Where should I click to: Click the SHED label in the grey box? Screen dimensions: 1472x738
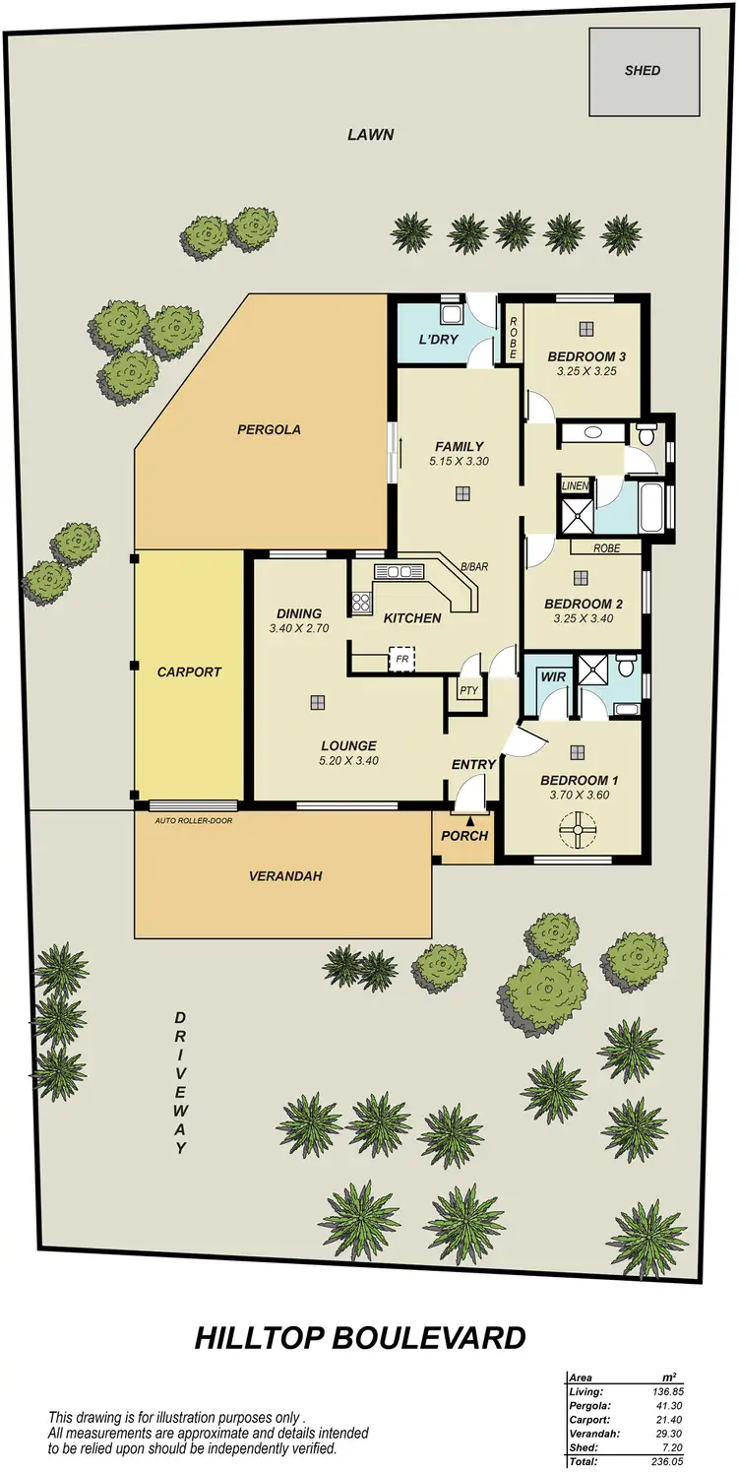click(642, 70)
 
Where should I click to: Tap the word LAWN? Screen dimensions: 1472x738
click(370, 134)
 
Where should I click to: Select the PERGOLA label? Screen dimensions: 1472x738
click(269, 429)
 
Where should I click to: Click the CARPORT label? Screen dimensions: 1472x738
click(189, 672)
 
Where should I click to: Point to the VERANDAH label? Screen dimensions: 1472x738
click(285, 875)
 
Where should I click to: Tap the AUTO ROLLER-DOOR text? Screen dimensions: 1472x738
click(194, 819)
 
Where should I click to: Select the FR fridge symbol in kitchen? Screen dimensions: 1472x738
click(401, 659)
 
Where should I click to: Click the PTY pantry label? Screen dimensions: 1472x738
click(468, 690)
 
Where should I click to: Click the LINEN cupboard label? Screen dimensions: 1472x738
click(574, 485)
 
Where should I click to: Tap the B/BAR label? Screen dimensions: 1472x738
click(474, 567)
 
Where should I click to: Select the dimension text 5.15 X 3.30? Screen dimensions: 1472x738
click(459, 461)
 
